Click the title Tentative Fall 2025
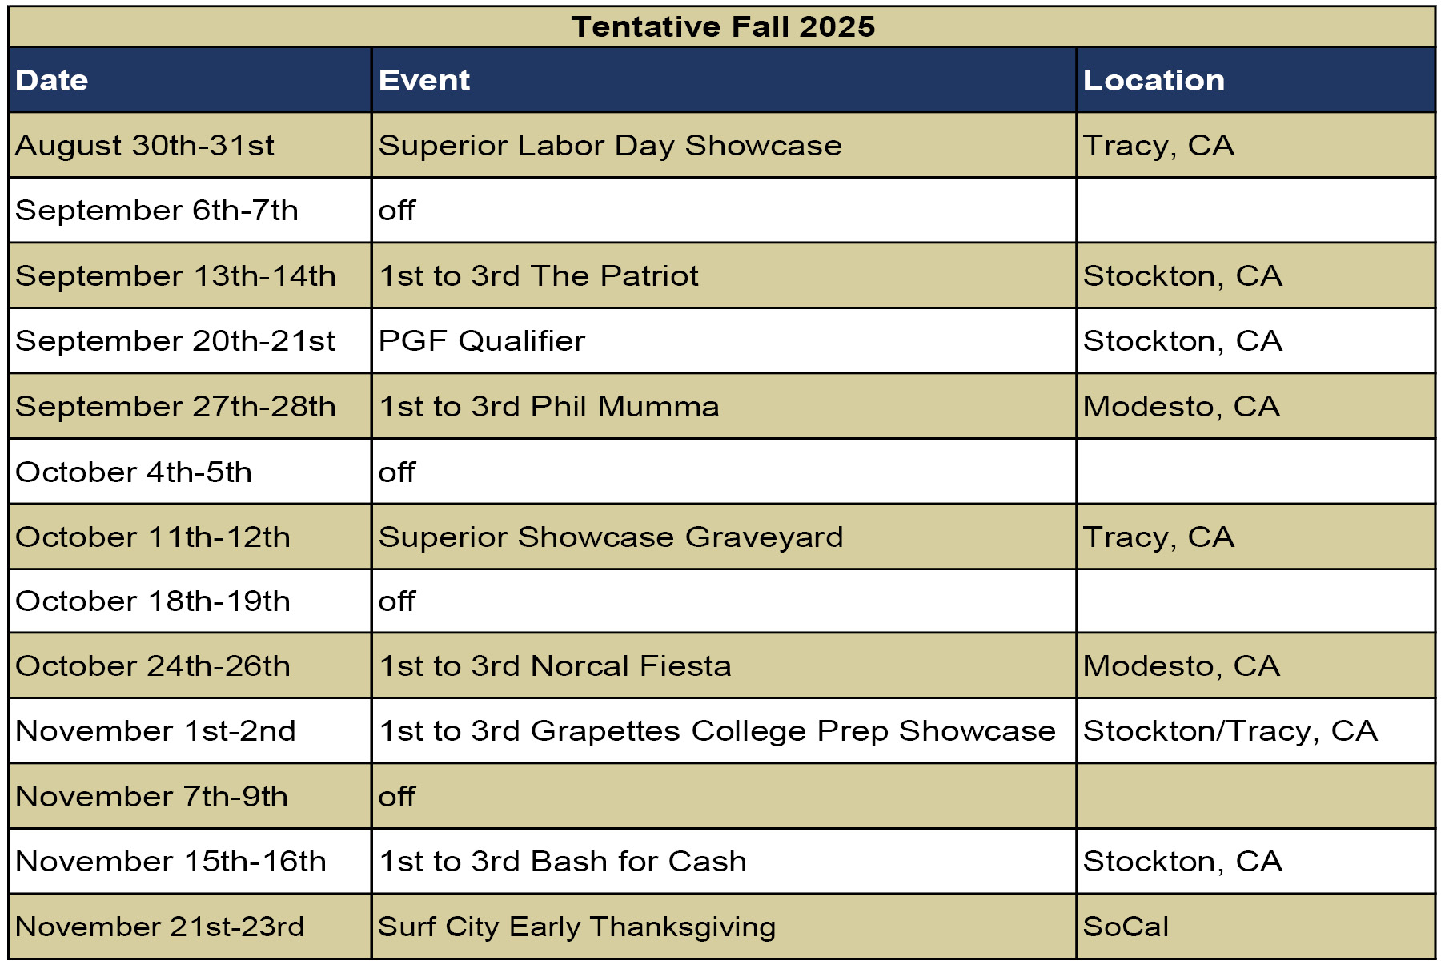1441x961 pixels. [723, 27]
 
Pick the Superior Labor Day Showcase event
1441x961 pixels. [610, 146]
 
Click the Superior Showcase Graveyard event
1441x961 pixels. [611, 537]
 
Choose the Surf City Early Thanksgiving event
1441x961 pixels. [577, 927]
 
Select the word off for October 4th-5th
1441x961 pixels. [397, 472]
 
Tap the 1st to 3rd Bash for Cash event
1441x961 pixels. [563, 862]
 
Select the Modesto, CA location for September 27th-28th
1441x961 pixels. [1182, 407]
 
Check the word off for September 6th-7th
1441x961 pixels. [397, 211]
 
